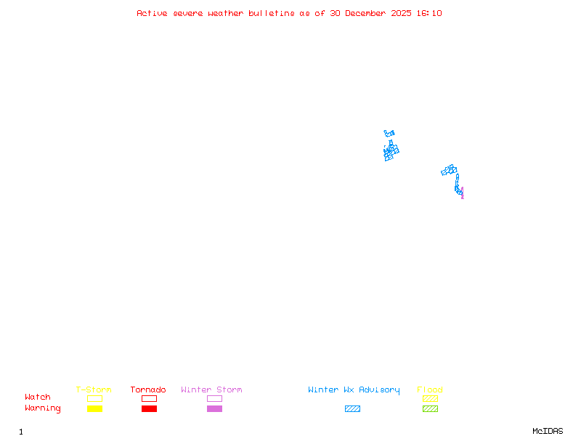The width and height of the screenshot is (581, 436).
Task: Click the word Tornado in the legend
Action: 148,390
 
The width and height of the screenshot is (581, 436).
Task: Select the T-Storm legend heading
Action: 94,390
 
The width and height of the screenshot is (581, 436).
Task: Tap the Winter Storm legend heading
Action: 211,390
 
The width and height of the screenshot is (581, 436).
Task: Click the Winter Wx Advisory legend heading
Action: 354,390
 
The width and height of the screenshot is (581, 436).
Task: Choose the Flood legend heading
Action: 430,390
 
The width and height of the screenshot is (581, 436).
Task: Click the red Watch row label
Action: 38,397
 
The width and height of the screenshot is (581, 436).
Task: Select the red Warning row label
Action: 43,408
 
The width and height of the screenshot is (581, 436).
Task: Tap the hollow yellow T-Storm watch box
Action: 94,398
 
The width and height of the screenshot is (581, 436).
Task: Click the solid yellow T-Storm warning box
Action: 94,409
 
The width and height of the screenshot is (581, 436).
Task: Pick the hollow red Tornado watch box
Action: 149,398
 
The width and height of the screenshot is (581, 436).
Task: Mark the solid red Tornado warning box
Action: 149,409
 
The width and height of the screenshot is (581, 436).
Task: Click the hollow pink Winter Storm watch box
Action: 214,398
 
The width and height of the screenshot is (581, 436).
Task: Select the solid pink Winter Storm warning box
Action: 214,409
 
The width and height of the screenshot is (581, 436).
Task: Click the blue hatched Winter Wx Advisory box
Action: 352,409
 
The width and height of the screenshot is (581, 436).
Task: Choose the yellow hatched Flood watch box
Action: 430,398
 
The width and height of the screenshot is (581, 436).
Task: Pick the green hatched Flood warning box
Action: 430,409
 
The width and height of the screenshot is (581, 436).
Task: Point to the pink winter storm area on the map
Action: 462,194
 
